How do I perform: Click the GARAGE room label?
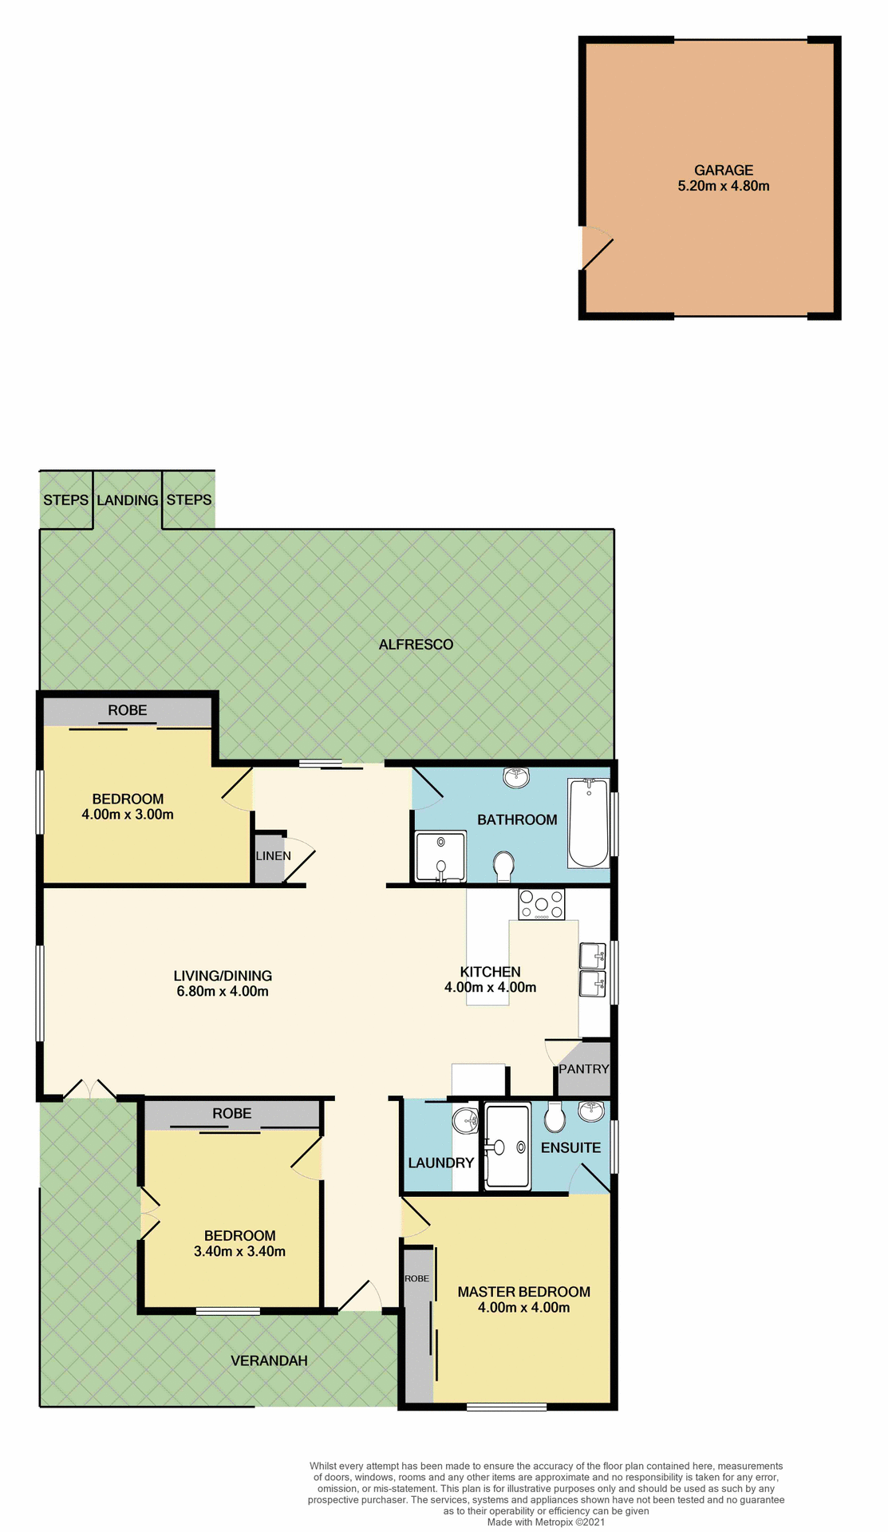[x=723, y=170]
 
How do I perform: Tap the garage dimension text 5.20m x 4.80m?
[x=723, y=186]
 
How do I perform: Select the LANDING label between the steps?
[x=127, y=500]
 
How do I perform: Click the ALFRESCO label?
[x=416, y=645]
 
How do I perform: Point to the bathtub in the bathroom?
[x=588, y=823]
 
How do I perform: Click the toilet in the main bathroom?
[x=503, y=866]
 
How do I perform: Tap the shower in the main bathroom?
[x=440, y=856]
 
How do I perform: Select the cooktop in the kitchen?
[x=542, y=904]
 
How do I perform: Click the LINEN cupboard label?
[x=273, y=856]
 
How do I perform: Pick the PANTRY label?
[x=583, y=1069]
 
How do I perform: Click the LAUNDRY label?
[x=440, y=1163]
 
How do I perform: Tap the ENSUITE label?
[x=570, y=1148]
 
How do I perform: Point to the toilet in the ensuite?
[x=555, y=1117]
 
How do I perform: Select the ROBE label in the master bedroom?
[x=416, y=1278]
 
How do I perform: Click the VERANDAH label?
[x=269, y=1360]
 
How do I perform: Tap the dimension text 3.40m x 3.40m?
[x=239, y=1251]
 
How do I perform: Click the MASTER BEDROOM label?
[x=523, y=1292]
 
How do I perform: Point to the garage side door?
[x=597, y=250]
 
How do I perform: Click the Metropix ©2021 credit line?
[x=546, y=1522]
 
